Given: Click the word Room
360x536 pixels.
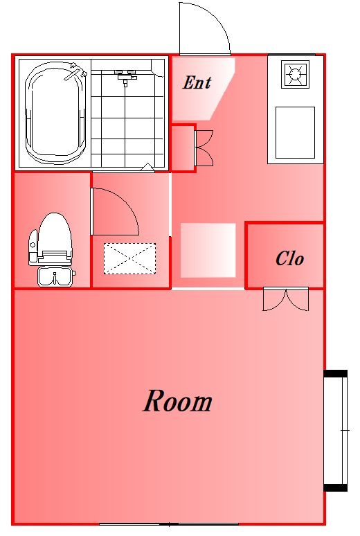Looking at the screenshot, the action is click(x=177, y=401).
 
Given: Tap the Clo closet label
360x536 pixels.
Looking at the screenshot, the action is click(x=289, y=258).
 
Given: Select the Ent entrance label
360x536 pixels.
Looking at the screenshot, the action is click(x=197, y=82).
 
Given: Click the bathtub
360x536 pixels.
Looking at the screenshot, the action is click(x=55, y=114).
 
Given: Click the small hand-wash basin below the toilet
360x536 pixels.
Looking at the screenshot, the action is click(x=55, y=276).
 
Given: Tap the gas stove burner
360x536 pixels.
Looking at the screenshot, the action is click(x=295, y=74).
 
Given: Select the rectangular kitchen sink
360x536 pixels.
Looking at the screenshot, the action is click(x=295, y=133).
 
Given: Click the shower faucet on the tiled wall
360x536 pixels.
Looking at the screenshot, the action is click(x=125, y=75).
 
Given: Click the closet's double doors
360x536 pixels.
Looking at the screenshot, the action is click(x=286, y=299).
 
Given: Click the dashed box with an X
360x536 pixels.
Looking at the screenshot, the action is click(x=129, y=258).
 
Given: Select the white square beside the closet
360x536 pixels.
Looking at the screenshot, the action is click(x=208, y=250).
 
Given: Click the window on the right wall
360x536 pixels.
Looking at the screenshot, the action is click(x=336, y=430).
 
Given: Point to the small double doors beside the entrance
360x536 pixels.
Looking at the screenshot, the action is click(x=204, y=148).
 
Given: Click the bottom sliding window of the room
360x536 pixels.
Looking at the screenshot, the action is click(x=169, y=524).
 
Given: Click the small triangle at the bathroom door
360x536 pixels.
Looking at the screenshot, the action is click(x=147, y=167).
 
